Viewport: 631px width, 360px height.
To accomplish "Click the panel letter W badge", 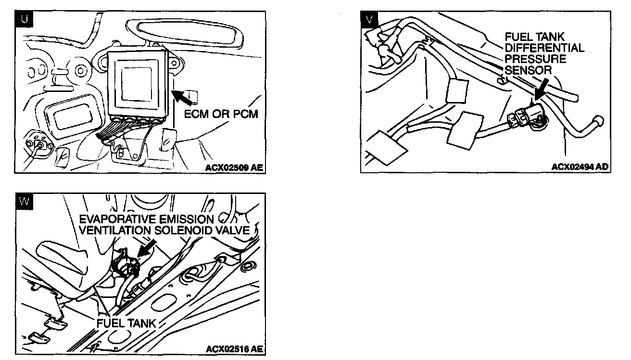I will pos(23,201).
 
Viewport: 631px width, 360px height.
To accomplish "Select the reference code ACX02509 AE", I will pos(234,168).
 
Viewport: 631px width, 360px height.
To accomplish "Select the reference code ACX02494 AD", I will pos(580,167).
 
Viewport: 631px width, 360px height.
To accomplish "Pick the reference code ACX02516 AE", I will pos(234,348).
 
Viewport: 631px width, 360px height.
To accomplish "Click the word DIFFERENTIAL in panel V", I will pos(544,48).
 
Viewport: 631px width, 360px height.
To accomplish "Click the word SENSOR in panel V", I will pos(528,70).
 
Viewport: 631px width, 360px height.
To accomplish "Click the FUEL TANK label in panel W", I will pos(126,323).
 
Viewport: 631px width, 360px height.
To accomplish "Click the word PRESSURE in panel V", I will pos(535,59).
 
